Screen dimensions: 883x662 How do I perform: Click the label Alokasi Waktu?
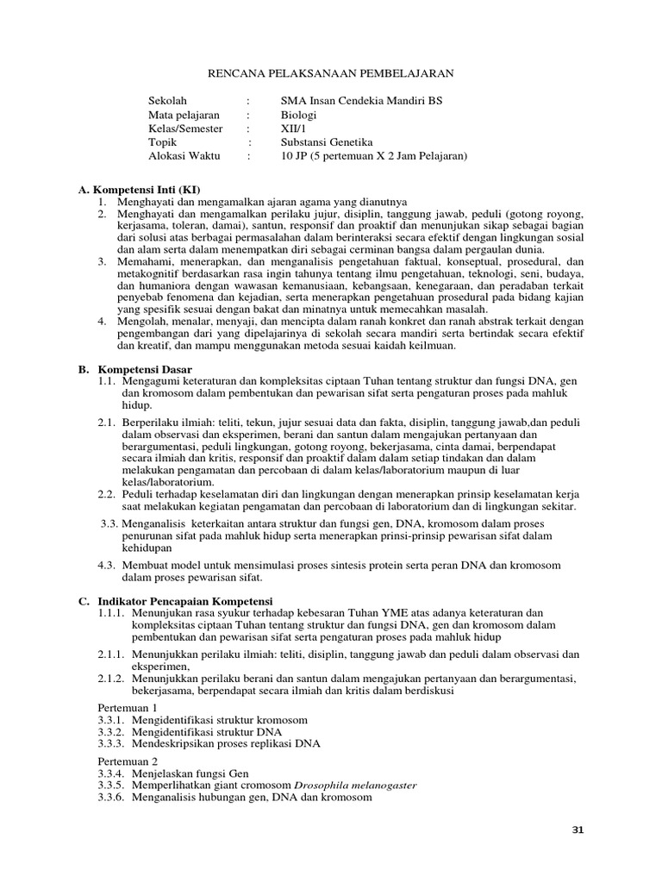pyautogui.click(x=184, y=156)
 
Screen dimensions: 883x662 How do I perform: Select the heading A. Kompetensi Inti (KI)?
pyautogui.click(x=139, y=188)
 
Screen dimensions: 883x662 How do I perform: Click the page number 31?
pyautogui.click(x=578, y=830)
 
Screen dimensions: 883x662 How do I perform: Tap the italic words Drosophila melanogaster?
pyautogui.click(x=355, y=786)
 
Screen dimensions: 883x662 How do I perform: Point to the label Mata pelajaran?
pyautogui.click(x=184, y=115)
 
